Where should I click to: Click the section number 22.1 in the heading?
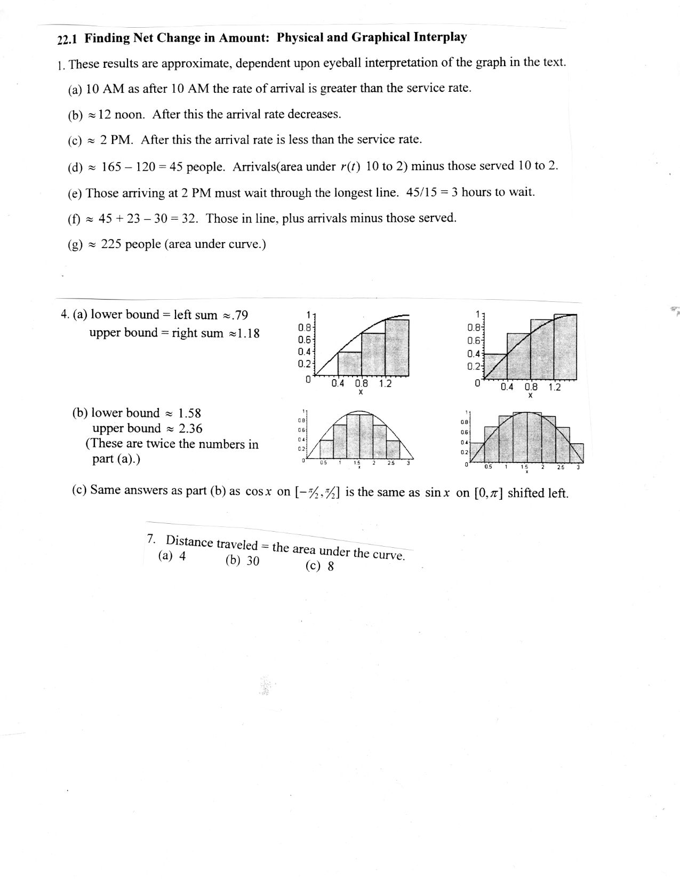pos(68,39)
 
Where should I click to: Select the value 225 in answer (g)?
pos(110,244)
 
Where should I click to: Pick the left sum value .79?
pos(238,315)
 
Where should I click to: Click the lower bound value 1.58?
pos(189,413)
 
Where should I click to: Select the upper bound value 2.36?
pos(190,428)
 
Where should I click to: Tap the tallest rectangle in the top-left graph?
pos(397,347)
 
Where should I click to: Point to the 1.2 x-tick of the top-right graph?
pos(555,387)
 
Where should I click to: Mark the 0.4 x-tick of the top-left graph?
pos(338,383)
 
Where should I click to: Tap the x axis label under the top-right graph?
pos(530,396)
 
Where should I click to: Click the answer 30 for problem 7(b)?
pos(252,561)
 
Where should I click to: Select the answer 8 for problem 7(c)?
pos(331,566)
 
